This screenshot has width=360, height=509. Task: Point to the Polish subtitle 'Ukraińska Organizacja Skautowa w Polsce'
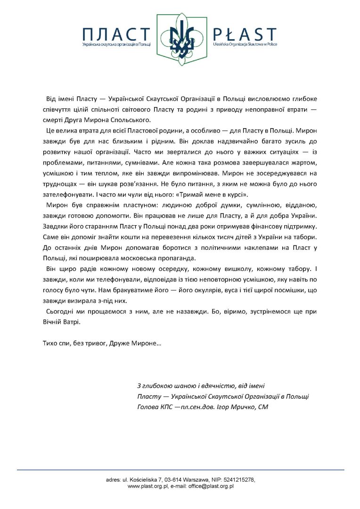245,44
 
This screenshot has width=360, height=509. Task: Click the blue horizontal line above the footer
180,469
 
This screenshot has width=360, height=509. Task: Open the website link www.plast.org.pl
147,486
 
